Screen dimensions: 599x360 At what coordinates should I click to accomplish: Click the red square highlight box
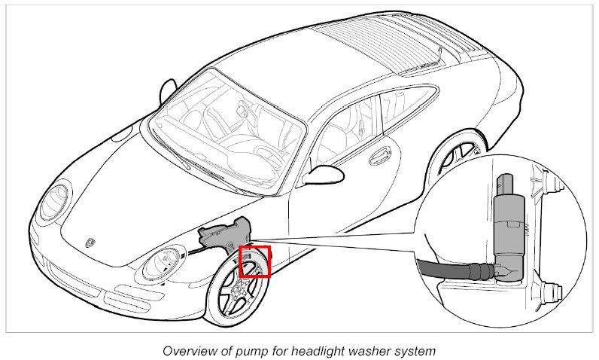pyautogui.click(x=254, y=261)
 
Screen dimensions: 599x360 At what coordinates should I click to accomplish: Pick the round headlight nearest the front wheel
pyautogui.click(x=164, y=264)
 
